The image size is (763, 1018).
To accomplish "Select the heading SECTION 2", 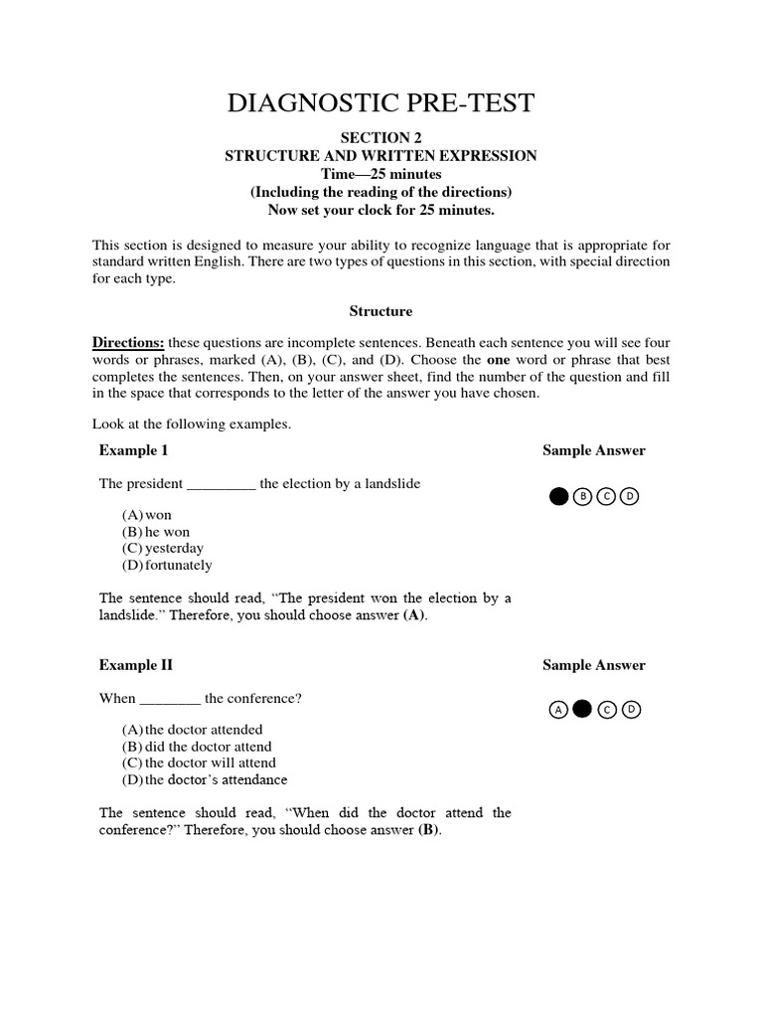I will pyautogui.click(x=381, y=138).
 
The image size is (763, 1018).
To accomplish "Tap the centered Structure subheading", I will pyautogui.click(x=381, y=311).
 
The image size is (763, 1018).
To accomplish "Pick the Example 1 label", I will pyautogui.click(x=133, y=450).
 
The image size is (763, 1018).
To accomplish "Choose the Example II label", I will pyautogui.click(x=135, y=665).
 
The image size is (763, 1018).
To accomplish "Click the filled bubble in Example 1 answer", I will pyautogui.click(x=559, y=496).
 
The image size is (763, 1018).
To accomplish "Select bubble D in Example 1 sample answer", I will pyautogui.click(x=630, y=496).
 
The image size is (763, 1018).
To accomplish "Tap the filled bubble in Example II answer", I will pyautogui.click(x=583, y=709).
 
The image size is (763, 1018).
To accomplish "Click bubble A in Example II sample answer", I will pyautogui.click(x=559, y=709).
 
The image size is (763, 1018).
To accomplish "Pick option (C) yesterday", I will pyautogui.click(x=163, y=548).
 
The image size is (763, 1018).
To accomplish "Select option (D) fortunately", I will pyautogui.click(x=167, y=565).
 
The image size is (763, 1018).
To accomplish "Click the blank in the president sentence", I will pyautogui.click(x=222, y=484).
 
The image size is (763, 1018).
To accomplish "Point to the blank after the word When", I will pyautogui.click(x=170, y=699).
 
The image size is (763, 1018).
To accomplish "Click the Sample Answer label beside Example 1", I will pyautogui.click(x=593, y=450).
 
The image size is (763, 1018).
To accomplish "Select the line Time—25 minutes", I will pyautogui.click(x=381, y=174).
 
